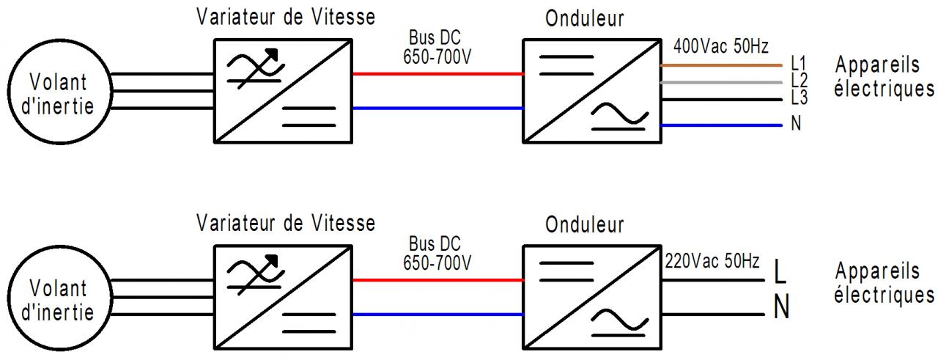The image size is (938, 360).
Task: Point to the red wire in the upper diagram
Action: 438,74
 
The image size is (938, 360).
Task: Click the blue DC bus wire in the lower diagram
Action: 438,315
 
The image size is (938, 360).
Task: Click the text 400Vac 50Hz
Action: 720,48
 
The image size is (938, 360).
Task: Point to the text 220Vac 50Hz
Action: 712,260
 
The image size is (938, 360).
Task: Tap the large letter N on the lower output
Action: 782,309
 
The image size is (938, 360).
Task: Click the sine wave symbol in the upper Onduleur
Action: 619,114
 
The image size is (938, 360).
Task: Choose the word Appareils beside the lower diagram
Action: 877,272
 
